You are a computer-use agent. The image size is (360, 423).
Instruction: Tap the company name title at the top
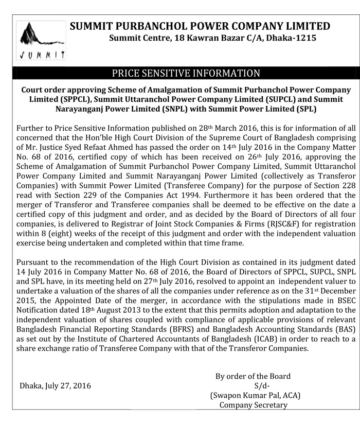[200, 26]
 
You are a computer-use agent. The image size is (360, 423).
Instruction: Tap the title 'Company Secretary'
[254, 406]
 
